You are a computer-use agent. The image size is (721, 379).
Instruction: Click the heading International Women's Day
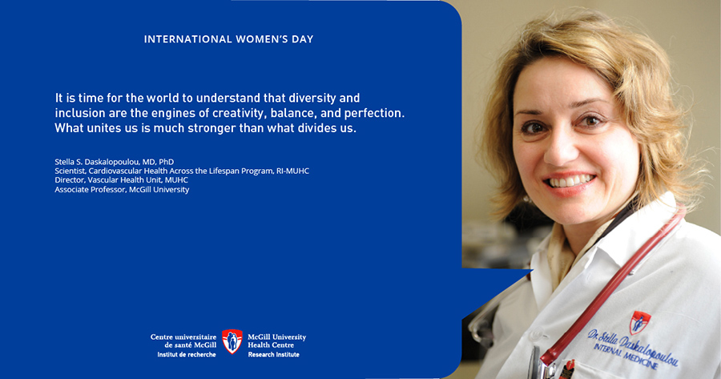click(x=228, y=39)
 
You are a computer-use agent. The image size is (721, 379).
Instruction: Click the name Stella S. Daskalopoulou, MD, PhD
click(x=114, y=162)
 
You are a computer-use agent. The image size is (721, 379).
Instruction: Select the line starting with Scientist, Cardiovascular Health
click(x=182, y=171)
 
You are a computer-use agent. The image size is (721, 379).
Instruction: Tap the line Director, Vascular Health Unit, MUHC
click(x=122, y=180)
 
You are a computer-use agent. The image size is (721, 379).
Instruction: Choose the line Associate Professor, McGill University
click(x=122, y=189)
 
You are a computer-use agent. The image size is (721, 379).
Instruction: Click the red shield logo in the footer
click(x=232, y=341)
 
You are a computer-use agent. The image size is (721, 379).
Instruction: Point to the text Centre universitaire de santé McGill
click(x=183, y=341)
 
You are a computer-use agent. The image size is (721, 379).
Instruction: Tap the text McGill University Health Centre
click(x=277, y=341)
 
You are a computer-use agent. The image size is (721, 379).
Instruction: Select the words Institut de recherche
click(x=187, y=355)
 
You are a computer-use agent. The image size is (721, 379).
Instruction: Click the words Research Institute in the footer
click(x=274, y=355)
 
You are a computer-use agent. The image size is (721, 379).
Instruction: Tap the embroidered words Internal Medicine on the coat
click(x=626, y=357)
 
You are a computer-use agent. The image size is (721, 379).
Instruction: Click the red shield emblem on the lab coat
click(x=640, y=322)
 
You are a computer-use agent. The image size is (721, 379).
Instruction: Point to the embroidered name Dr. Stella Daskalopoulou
click(x=633, y=346)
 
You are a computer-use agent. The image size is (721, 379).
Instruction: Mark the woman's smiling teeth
click(x=570, y=181)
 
